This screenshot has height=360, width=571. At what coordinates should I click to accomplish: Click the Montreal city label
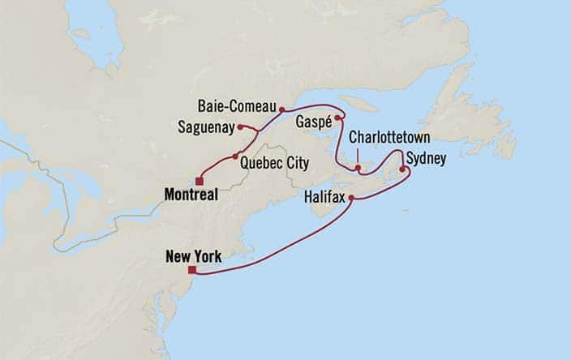pyautogui.click(x=196, y=195)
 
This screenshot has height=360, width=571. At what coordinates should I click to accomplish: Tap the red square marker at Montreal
pyautogui.click(x=199, y=181)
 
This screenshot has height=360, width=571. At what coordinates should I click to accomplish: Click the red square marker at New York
pyautogui.click(x=191, y=271)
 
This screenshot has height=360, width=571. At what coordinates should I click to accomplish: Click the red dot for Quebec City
pyautogui.click(x=235, y=156)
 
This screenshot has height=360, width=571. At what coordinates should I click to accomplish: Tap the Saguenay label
pyautogui.click(x=207, y=126)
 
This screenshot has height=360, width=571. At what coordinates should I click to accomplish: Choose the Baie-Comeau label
pyautogui.click(x=238, y=106)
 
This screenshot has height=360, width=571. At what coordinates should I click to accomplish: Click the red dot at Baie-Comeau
pyautogui.click(x=281, y=109)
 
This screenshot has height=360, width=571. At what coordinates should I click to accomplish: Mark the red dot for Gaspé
pyautogui.click(x=337, y=118)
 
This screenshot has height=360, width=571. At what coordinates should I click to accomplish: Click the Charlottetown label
pyautogui.click(x=389, y=137)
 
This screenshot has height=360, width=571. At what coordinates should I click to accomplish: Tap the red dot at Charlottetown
pyautogui.click(x=357, y=168)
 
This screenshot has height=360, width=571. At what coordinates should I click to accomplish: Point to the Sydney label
pyautogui.click(x=426, y=159)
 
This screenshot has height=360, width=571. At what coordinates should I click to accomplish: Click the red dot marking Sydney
pyautogui.click(x=401, y=169)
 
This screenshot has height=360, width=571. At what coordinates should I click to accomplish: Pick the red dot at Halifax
pyautogui.click(x=351, y=197)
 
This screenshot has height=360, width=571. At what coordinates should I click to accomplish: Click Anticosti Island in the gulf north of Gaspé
pyautogui.click(x=357, y=104)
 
